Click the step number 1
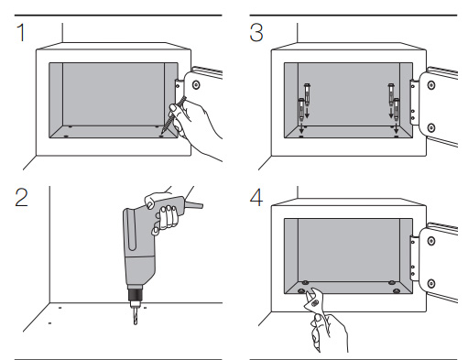[x=21, y=32]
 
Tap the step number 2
[x=21, y=198]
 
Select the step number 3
[x=256, y=33]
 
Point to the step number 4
[x=256, y=198]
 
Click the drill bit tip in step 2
[x=136, y=323]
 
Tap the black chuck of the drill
[x=136, y=294]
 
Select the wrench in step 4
[x=315, y=309]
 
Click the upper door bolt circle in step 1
[x=196, y=84]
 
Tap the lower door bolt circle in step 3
[x=431, y=127]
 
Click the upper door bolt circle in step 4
[x=431, y=241]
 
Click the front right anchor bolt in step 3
[x=397, y=109]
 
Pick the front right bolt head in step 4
[x=397, y=290]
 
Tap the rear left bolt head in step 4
[x=305, y=282]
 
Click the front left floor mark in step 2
[x=49, y=323]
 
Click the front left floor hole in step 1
[x=66, y=136]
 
